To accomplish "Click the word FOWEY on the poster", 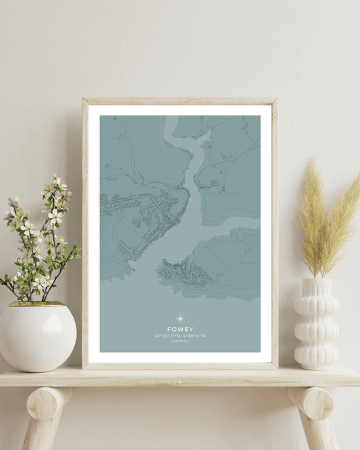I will point(180,329).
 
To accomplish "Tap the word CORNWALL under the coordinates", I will point(180,341).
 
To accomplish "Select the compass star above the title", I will point(180,318).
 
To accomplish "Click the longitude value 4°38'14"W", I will point(193,336).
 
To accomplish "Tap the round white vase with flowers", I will point(37,336).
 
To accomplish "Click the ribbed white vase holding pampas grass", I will point(316,324).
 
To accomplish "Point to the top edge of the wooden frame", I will point(180,101).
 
